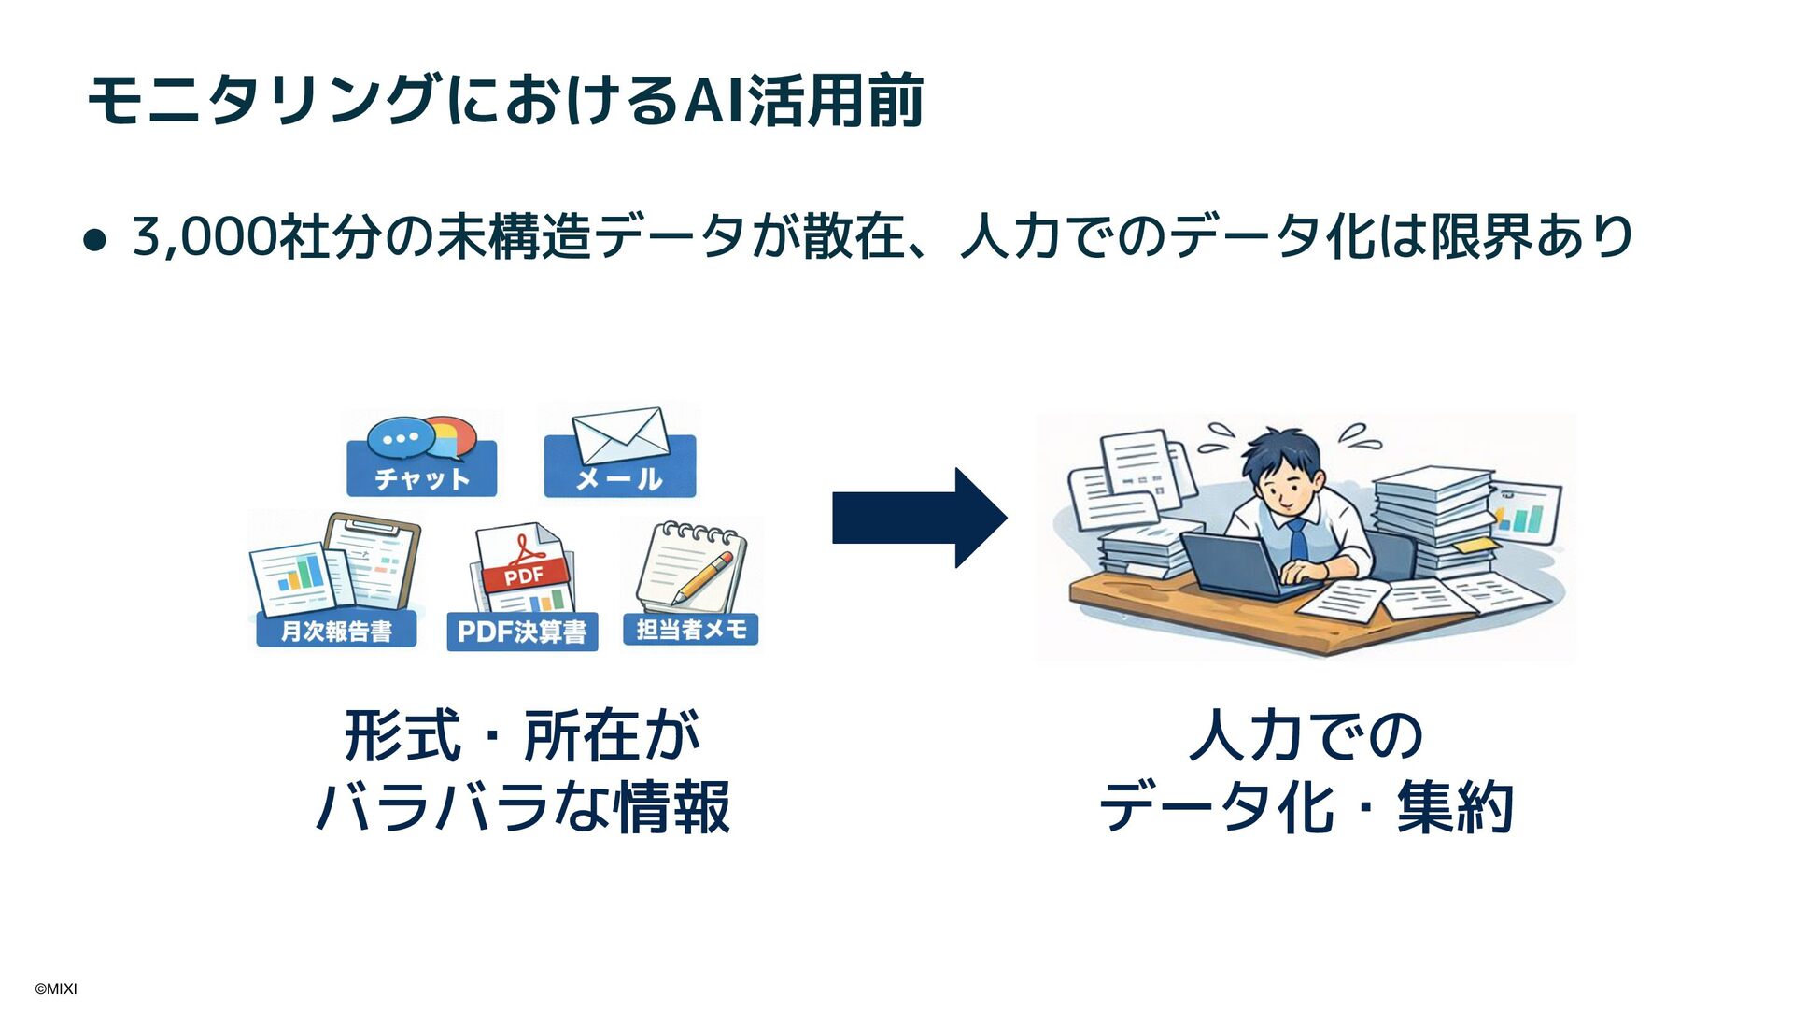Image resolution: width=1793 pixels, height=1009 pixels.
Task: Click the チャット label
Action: click(x=422, y=478)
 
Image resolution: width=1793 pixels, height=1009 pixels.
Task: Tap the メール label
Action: click(x=619, y=478)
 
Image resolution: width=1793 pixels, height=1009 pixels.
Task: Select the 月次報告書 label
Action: click(x=336, y=632)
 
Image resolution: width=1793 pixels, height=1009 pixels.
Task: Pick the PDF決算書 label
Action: click(x=522, y=632)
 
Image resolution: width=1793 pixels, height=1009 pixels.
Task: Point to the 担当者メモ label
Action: click(x=691, y=630)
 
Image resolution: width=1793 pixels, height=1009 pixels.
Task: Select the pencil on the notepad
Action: click(x=703, y=576)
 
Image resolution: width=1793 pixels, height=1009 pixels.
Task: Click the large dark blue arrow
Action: click(x=919, y=518)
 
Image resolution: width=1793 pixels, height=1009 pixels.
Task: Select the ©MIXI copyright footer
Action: click(x=56, y=988)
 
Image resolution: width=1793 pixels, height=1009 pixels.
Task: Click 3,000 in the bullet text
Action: click(x=205, y=235)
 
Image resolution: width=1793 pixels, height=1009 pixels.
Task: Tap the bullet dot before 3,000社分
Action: click(x=94, y=241)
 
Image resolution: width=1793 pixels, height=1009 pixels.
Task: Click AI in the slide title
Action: click(x=714, y=100)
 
